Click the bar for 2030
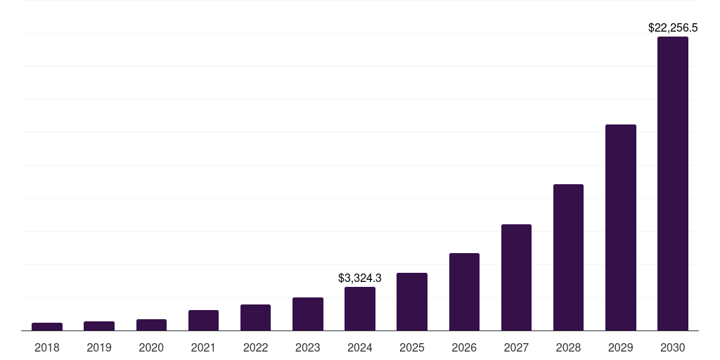[x=673, y=184]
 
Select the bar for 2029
[x=621, y=227]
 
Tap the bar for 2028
[x=568, y=257]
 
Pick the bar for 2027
[x=516, y=277]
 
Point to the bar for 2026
[x=464, y=292]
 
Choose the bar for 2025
[x=412, y=302]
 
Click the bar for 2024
[x=360, y=309]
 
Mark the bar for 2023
[x=308, y=314]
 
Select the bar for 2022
[x=255, y=317]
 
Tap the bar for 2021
[x=203, y=320]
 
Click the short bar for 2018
[x=47, y=326]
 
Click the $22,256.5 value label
[x=673, y=28]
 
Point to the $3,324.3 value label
[x=360, y=278]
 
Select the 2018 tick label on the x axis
[x=47, y=347]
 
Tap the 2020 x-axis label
[x=151, y=347]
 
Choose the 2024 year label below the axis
[x=360, y=347]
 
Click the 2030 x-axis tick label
[x=673, y=347]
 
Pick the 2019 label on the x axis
[x=99, y=347]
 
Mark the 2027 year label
[x=516, y=347]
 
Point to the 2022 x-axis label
[x=255, y=347]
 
